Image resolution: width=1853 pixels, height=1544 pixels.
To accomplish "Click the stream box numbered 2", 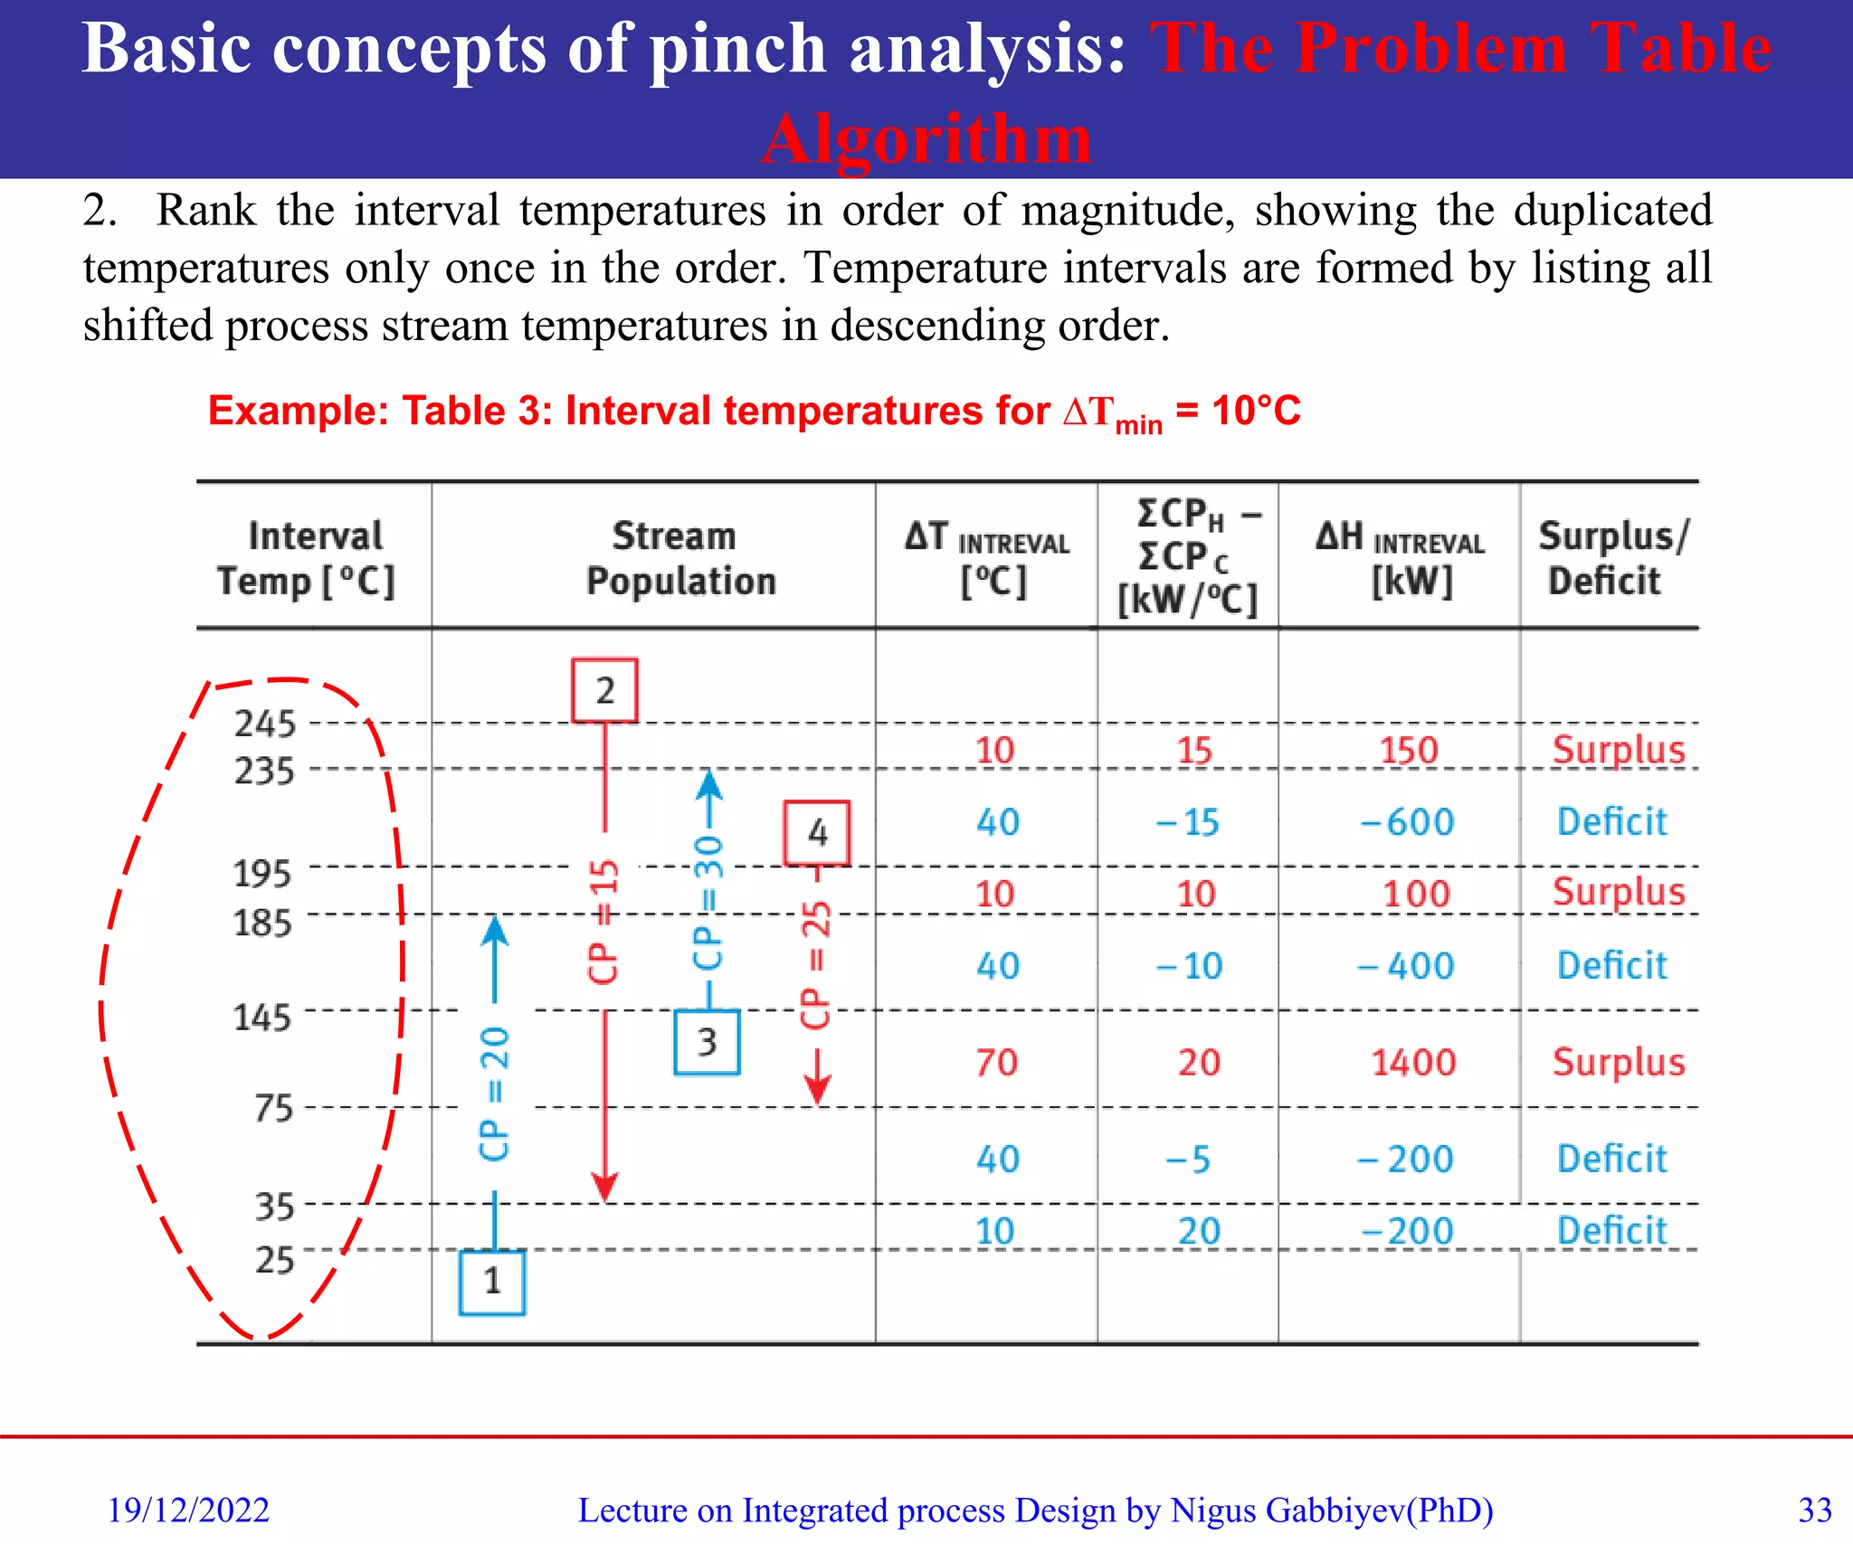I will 604,691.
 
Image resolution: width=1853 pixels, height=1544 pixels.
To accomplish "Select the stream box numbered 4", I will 817,832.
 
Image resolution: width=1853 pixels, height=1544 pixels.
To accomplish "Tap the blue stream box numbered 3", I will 707,1042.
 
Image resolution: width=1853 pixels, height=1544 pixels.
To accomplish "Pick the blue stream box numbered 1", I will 492,1282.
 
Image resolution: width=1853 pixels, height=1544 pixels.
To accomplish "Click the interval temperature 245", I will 265,724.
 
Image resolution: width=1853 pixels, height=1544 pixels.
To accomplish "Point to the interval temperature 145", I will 262,1018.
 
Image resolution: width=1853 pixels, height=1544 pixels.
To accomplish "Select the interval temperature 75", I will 274,1108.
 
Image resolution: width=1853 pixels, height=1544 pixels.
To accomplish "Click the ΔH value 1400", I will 1413,1062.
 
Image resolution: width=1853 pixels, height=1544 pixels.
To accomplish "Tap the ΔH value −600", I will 1407,822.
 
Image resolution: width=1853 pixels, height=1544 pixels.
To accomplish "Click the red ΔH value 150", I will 1409,750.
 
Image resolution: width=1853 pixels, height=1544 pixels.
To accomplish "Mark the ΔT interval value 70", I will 996,1062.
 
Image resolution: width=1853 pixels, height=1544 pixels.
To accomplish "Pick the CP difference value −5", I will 1188,1159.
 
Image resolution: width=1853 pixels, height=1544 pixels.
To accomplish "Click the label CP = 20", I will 494,1094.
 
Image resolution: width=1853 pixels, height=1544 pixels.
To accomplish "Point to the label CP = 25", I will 816,964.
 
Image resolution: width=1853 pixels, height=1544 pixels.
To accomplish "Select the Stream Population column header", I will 680,558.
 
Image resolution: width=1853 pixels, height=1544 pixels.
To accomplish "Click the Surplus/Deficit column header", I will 1611,558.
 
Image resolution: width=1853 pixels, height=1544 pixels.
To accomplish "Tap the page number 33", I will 1815,1510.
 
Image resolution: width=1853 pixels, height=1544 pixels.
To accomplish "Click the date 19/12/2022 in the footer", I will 188,1510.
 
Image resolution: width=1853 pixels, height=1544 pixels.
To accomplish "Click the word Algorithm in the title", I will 926,139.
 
